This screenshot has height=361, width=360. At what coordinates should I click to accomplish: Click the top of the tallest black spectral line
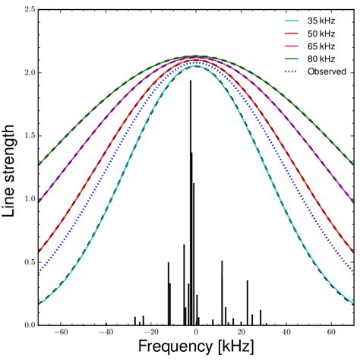pos(191,81)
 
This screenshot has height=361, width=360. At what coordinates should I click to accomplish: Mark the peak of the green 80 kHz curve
pos(196,56)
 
